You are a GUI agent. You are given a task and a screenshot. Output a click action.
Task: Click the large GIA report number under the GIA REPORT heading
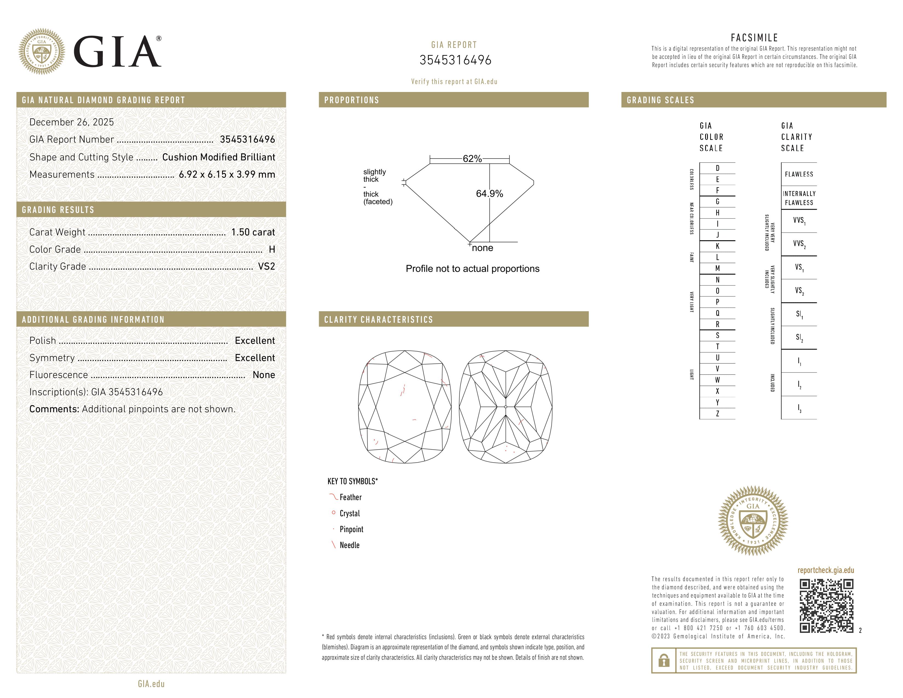[x=455, y=60]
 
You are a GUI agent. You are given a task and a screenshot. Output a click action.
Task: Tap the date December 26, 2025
[x=71, y=122]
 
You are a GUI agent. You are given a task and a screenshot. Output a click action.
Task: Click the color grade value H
[x=272, y=249]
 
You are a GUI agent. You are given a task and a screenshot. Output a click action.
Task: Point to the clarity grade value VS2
[x=266, y=266]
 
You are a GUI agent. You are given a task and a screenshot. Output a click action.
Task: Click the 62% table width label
[x=472, y=159]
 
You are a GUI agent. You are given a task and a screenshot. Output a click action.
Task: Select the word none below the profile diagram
[x=482, y=248]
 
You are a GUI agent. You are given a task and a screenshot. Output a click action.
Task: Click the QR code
[x=826, y=606]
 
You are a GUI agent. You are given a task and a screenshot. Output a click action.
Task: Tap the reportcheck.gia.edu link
[x=826, y=570]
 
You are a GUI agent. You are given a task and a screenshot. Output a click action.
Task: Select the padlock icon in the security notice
[x=664, y=660]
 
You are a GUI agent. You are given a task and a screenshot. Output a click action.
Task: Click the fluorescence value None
[x=264, y=375]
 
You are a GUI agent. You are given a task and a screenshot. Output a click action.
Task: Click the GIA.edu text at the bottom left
[x=151, y=683]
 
